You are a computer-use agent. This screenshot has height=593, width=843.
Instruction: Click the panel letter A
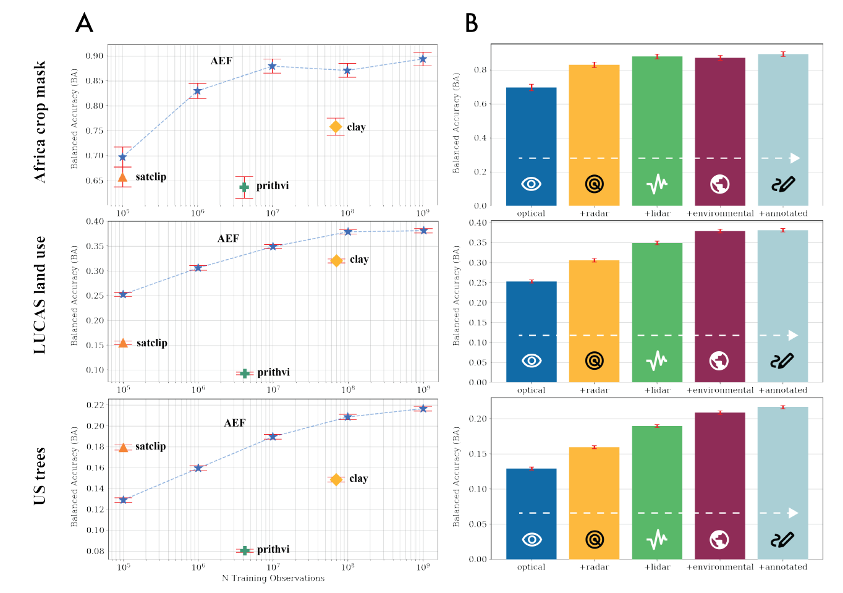[x=84, y=23]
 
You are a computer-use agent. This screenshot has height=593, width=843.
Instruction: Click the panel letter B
[x=472, y=23]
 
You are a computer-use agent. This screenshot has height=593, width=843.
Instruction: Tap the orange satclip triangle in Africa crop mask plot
[x=122, y=177]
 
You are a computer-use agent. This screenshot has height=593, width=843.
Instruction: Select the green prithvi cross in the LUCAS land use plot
[x=245, y=373]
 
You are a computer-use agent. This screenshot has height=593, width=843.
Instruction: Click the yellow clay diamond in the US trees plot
[x=336, y=479]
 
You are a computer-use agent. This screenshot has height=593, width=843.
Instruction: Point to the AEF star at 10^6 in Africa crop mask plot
[x=197, y=91]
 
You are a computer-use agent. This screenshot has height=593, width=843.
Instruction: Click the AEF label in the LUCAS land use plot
[x=228, y=239]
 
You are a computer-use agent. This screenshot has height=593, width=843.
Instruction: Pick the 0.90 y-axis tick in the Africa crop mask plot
[x=95, y=56]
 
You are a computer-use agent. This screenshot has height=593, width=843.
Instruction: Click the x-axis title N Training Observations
[x=273, y=578]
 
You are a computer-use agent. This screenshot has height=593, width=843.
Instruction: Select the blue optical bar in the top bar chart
[x=531, y=136]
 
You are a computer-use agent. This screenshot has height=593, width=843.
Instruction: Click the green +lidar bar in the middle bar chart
[x=657, y=297]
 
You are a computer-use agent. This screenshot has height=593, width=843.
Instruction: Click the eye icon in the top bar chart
[x=531, y=184]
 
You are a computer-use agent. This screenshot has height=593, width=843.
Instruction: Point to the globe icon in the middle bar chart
[x=719, y=360]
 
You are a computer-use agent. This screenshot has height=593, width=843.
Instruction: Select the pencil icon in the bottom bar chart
[x=782, y=540]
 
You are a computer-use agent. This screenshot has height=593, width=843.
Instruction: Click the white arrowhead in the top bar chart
[x=795, y=158]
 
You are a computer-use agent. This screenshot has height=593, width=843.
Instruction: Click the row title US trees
[x=40, y=476]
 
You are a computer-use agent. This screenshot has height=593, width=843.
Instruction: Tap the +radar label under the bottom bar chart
[x=594, y=567]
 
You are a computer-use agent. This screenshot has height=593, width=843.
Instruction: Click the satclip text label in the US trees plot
[x=151, y=446]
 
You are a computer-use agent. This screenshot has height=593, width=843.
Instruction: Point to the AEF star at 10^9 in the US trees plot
[x=423, y=408]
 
